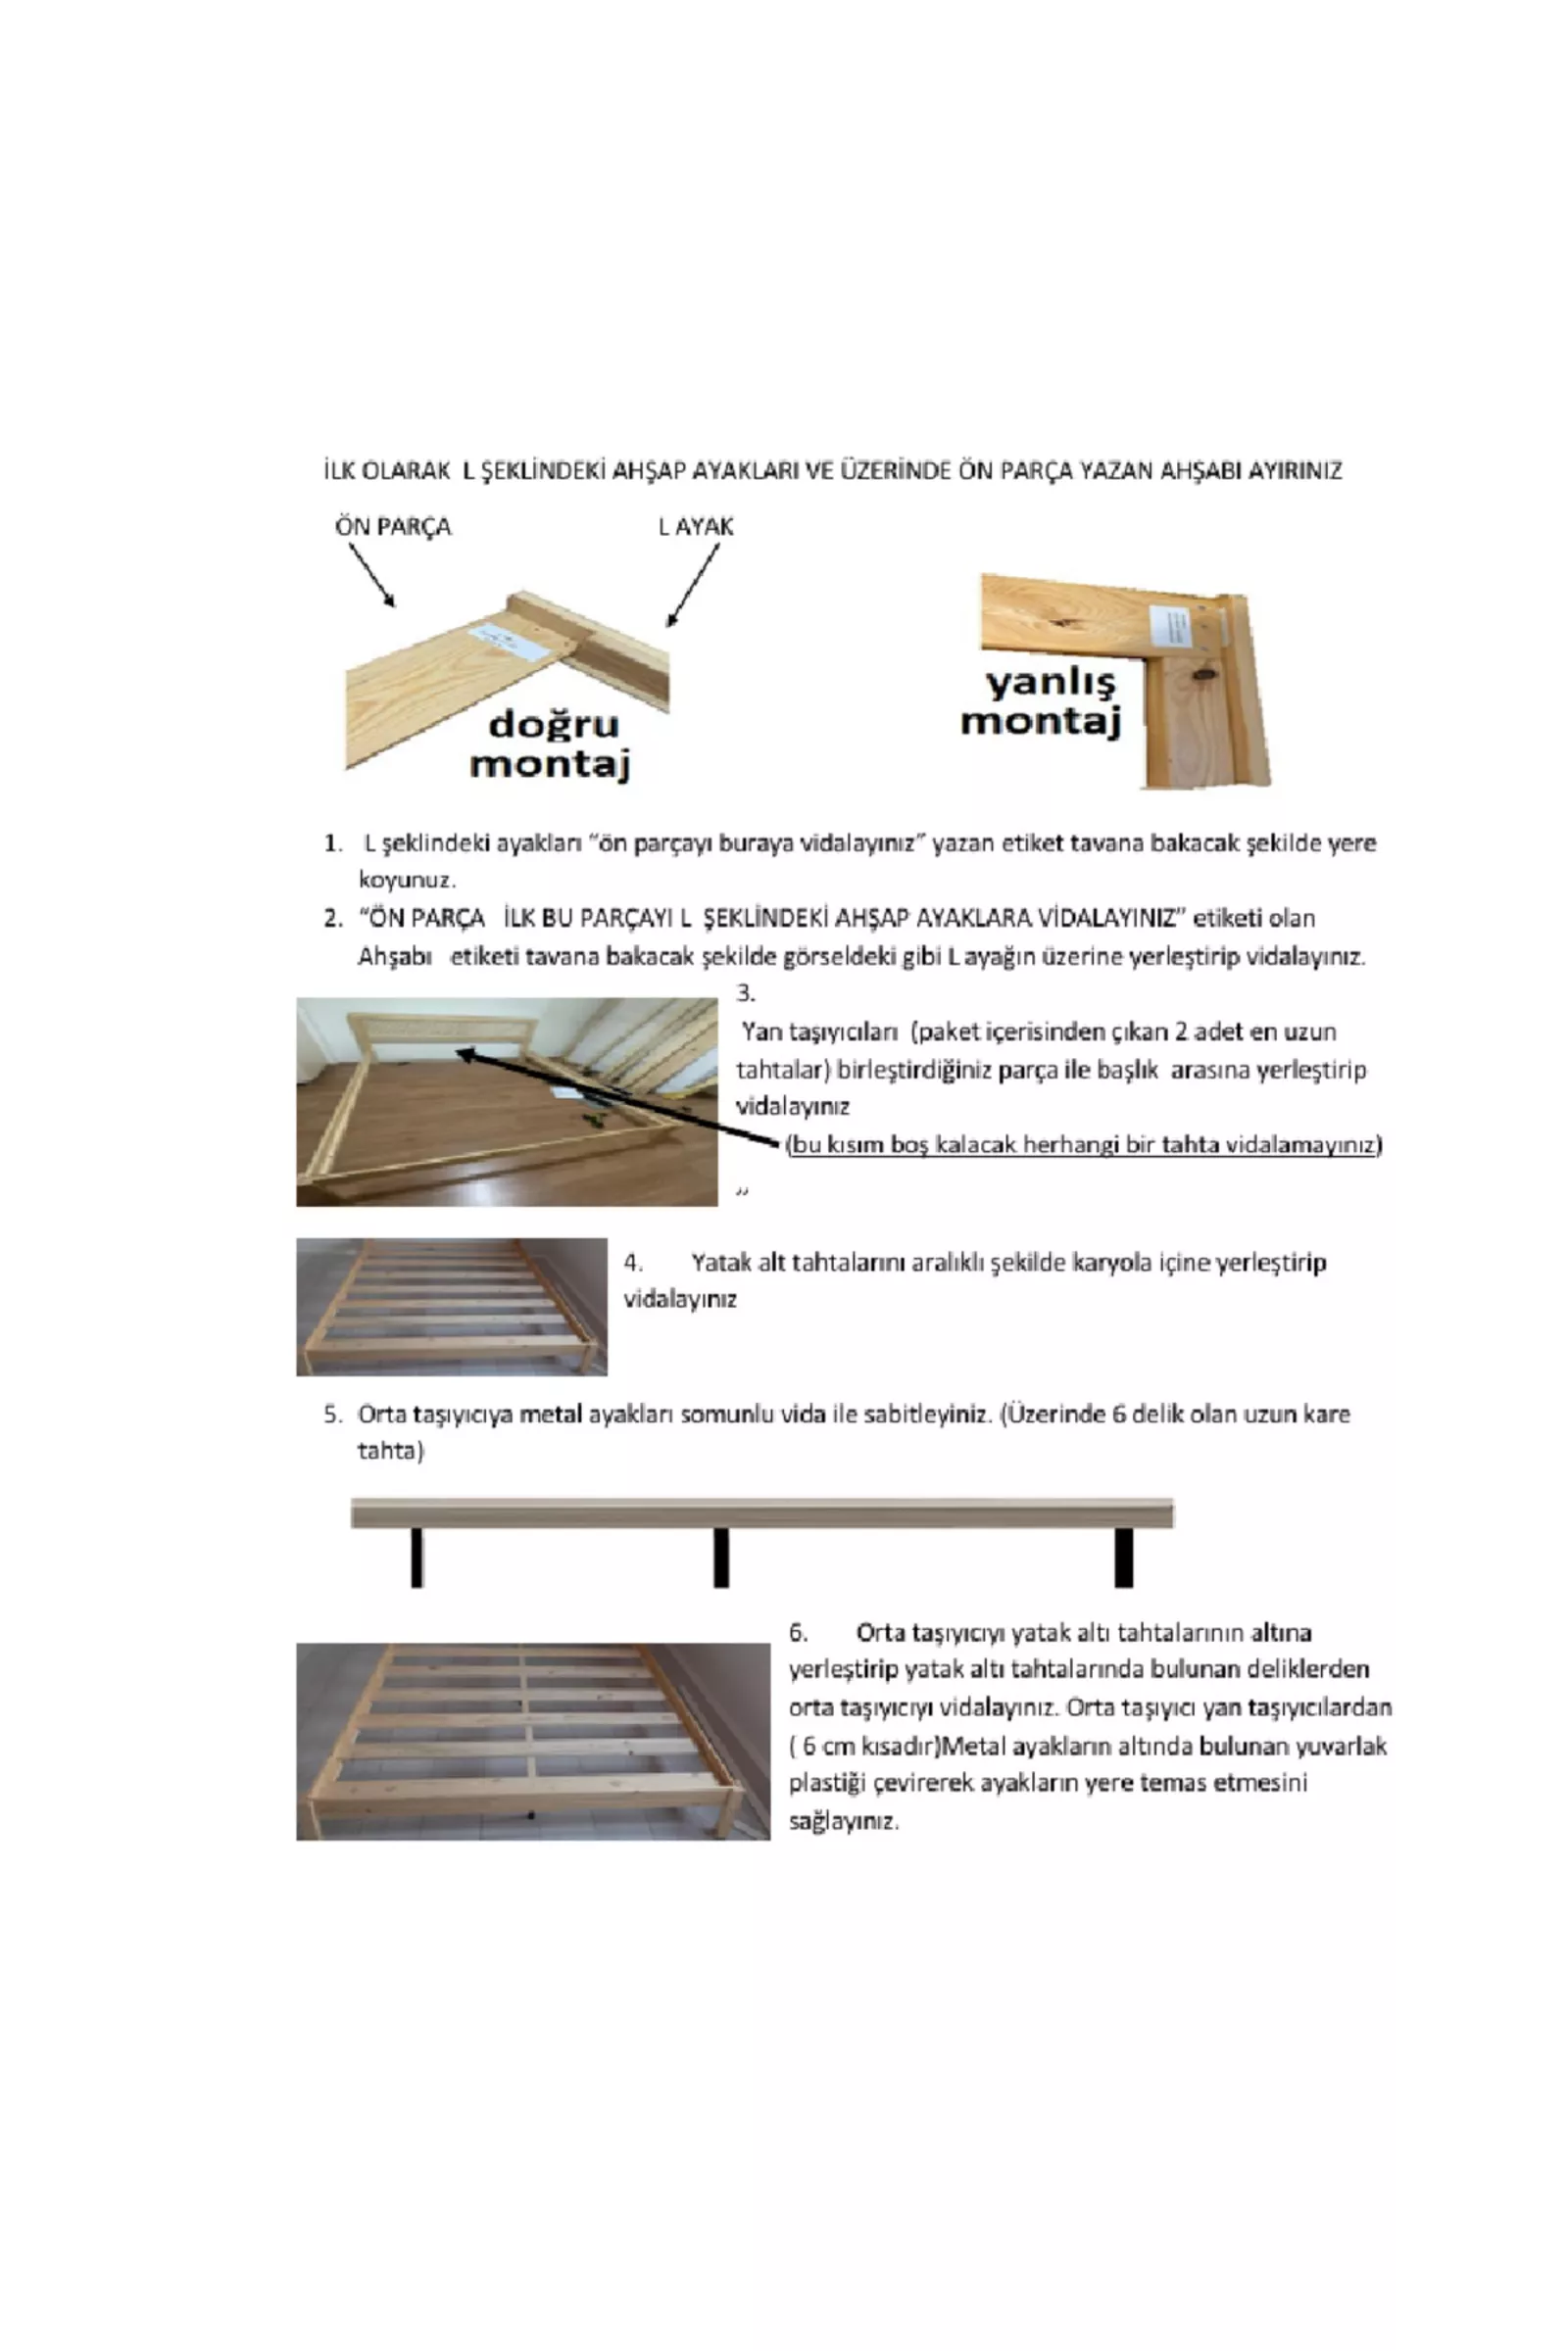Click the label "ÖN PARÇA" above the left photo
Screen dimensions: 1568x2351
point(393,527)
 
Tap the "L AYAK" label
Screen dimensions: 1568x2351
point(696,527)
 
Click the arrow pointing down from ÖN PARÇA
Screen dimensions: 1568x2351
point(371,575)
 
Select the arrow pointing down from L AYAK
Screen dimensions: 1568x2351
point(693,585)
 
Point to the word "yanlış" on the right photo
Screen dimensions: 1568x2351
point(1050,683)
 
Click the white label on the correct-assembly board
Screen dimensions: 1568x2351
point(510,641)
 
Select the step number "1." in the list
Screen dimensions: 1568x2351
point(333,843)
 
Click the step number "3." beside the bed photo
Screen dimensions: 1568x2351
point(746,993)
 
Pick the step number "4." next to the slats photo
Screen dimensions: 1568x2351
point(633,1263)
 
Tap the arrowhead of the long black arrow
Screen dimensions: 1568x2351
point(464,1052)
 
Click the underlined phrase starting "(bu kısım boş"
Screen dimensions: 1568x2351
point(1084,1144)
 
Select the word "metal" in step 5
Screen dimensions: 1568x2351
point(551,1415)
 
